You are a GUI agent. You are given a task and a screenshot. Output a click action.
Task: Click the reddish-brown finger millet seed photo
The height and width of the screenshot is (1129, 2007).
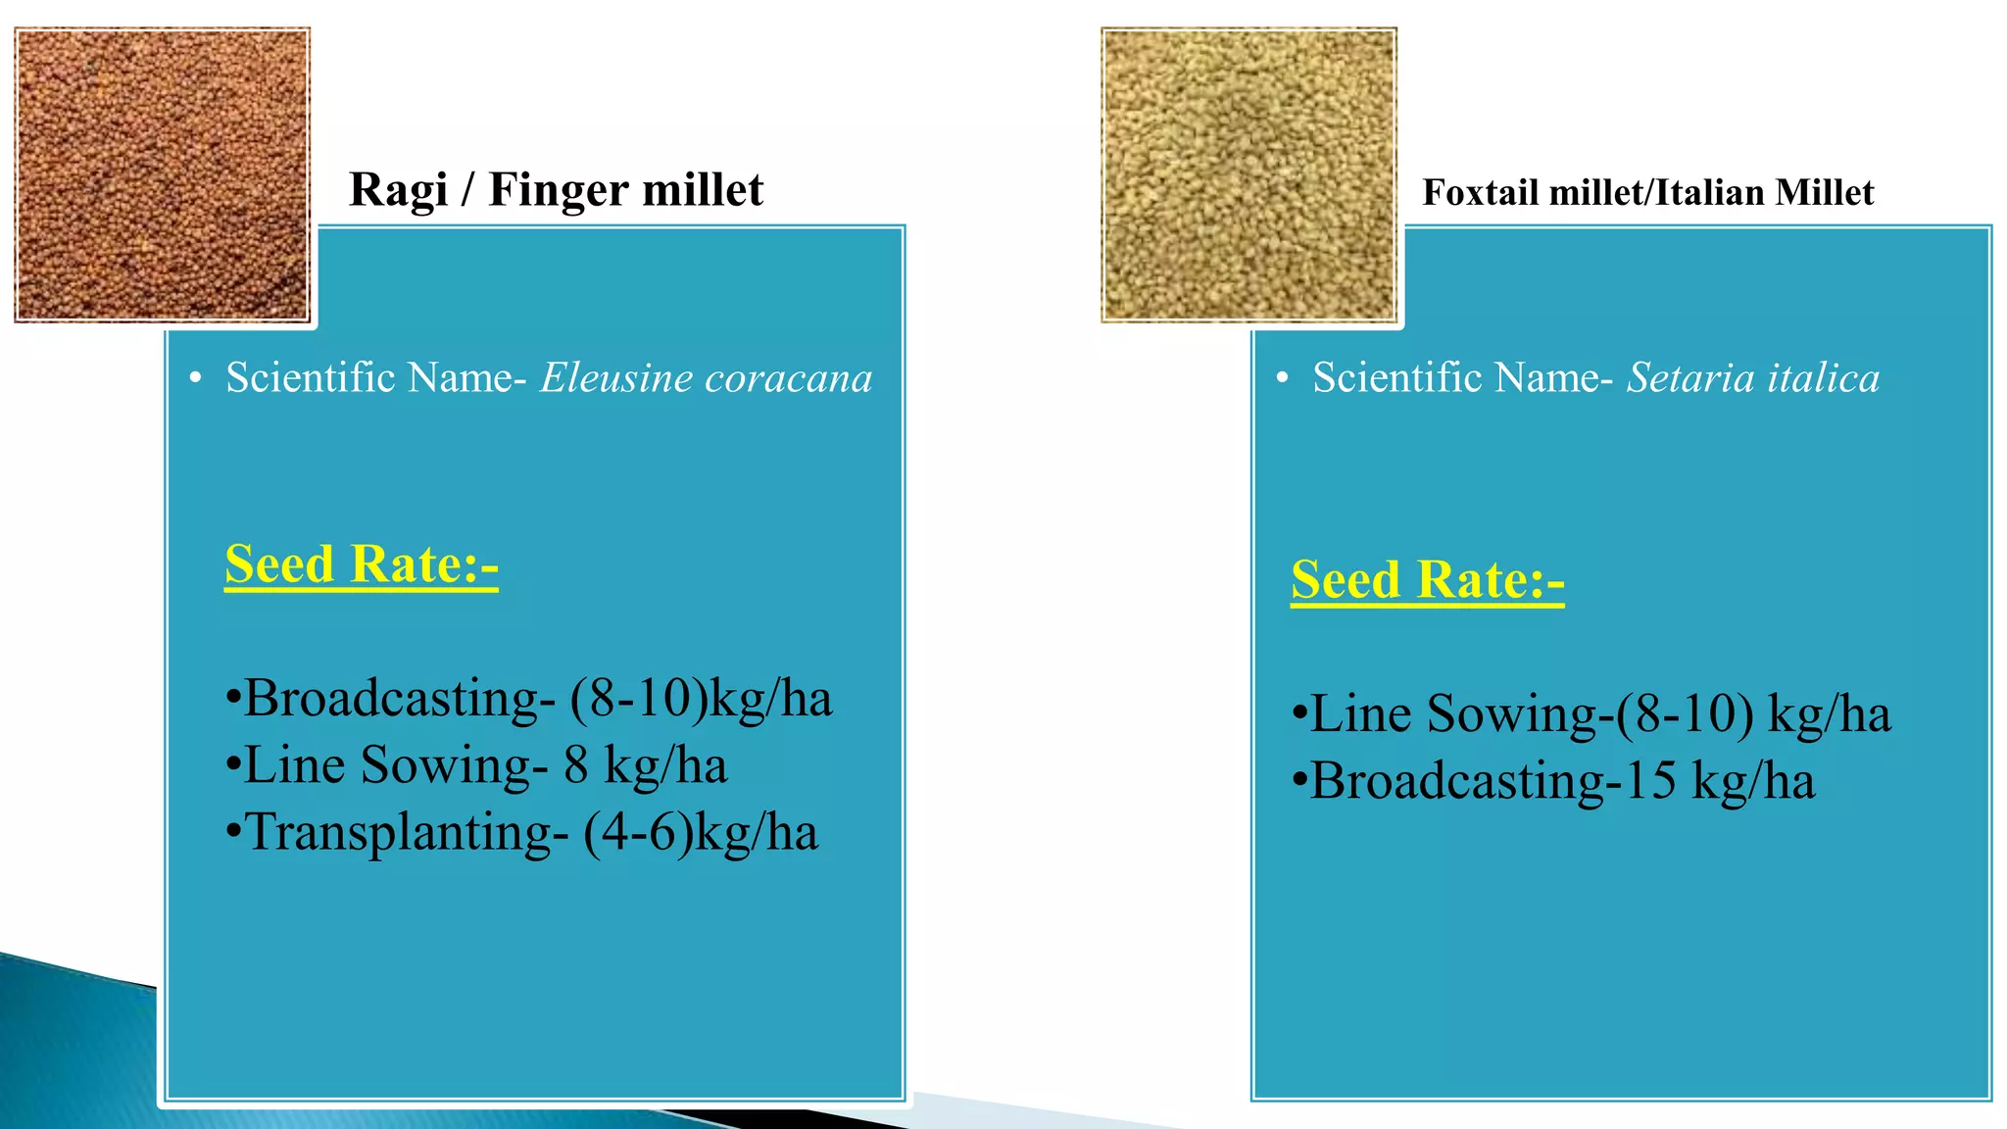coord(163,174)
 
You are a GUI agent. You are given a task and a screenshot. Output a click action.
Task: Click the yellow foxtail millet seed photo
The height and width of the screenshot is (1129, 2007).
coord(1248,174)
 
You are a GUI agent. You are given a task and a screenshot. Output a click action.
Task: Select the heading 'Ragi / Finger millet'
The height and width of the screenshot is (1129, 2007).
coord(556,189)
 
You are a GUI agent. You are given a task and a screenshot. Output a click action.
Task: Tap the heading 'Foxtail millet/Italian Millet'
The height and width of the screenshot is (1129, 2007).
coord(1647,192)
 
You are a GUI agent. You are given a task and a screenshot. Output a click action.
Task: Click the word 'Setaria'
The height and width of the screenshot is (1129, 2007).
coord(1676,377)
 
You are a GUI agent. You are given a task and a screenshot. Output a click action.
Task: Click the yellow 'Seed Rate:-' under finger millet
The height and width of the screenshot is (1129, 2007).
coord(362,564)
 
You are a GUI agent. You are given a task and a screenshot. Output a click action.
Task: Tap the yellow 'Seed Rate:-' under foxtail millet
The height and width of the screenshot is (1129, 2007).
coord(1427,580)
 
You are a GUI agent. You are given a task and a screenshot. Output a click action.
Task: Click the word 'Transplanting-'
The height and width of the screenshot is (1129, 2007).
coord(406,833)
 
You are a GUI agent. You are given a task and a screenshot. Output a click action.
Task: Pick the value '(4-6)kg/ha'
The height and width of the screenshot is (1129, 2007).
coord(701,833)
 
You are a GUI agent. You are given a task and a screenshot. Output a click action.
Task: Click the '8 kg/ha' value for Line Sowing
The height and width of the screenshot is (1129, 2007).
coord(645,765)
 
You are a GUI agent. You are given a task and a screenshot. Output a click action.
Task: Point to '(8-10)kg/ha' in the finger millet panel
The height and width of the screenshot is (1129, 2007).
coord(702,699)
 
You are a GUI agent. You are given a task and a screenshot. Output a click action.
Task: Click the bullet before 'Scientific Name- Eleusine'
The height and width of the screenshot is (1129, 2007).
coord(196,378)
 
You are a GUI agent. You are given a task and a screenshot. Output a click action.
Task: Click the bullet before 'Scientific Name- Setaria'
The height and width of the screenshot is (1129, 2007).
coord(1282,378)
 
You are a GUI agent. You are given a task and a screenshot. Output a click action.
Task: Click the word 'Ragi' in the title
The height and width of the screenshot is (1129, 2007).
coord(398,191)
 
